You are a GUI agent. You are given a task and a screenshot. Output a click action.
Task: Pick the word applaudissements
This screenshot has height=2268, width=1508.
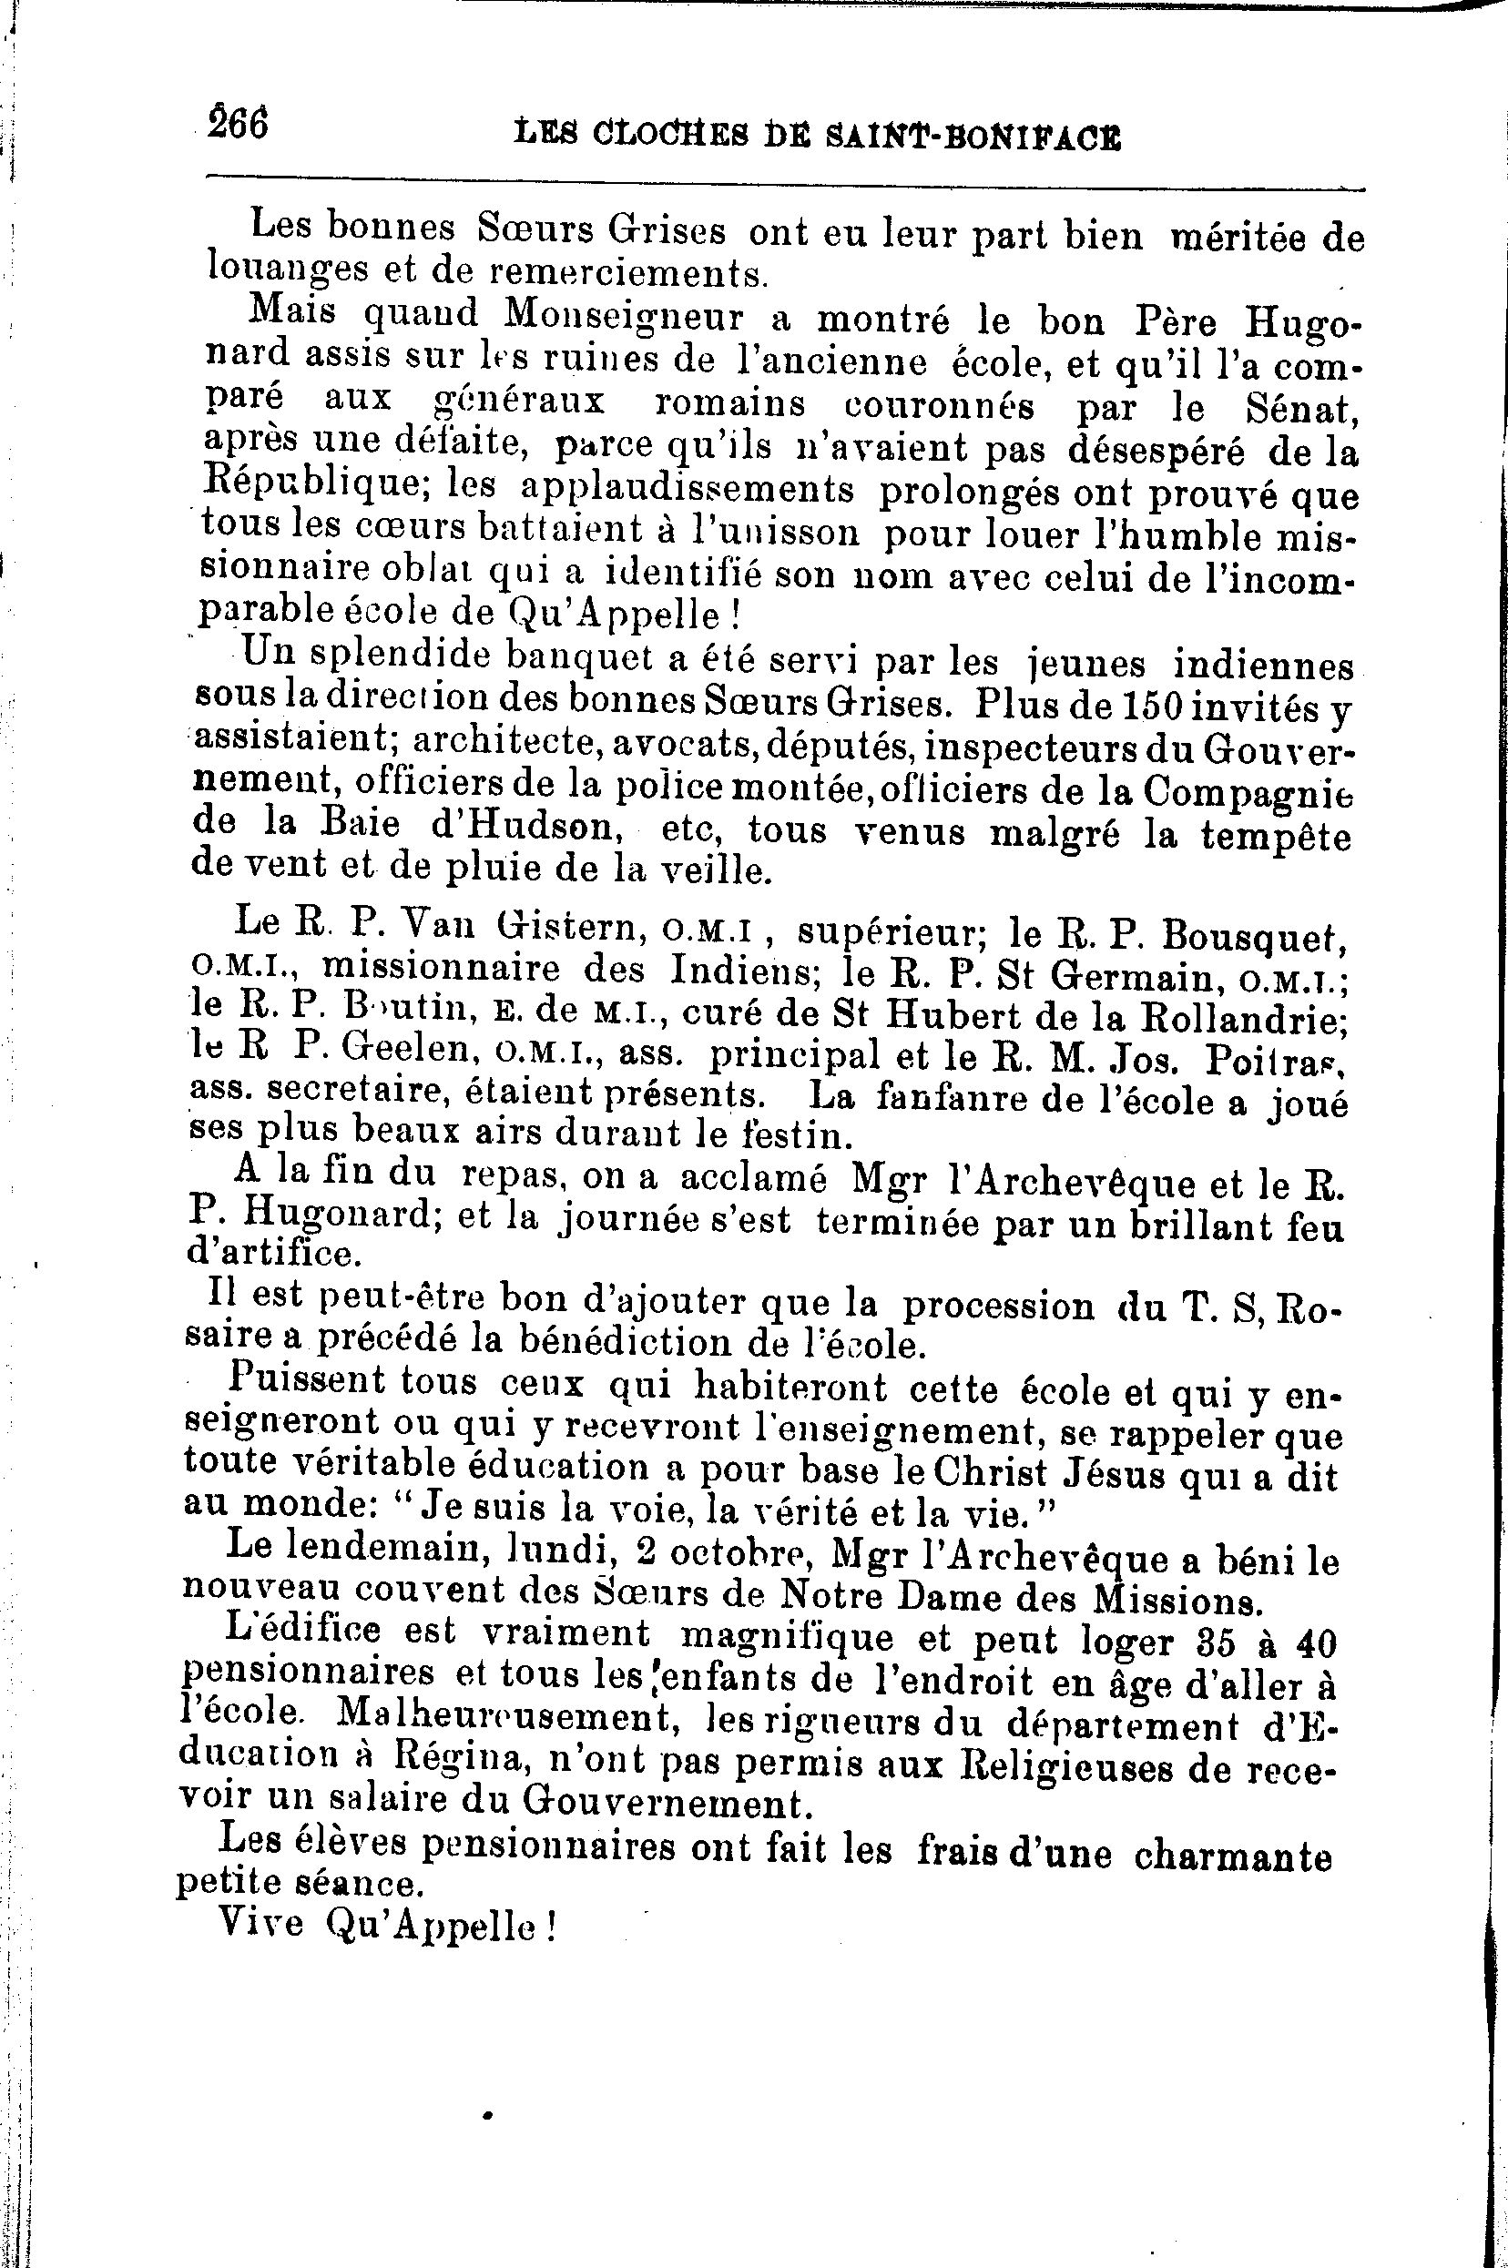(x=687, y=491)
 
